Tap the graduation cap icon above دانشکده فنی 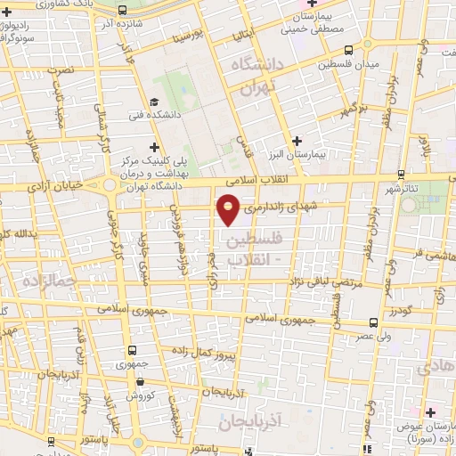[x=155, y=102]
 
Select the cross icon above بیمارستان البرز [x=297, y=141]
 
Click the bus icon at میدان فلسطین [x=347, y=51]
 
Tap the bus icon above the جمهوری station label [x=133, y=350]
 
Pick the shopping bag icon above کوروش [x=140, y=380]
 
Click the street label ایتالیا [x=243, y=36]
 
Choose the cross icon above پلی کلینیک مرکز [x=155, y=146]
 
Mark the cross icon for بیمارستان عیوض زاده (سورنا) [x=430, y=411]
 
